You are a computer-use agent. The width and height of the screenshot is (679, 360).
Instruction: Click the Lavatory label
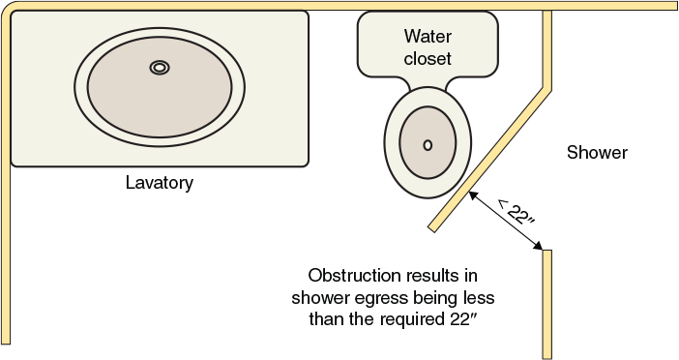pos(160,182)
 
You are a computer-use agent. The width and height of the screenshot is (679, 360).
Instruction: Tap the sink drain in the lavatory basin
pos(160,67)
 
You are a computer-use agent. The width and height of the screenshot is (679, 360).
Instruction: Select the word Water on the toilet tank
pos(428,37)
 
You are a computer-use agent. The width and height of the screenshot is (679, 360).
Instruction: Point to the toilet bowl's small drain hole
pos(428,144)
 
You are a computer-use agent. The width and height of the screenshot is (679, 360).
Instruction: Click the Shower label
pos(597,153)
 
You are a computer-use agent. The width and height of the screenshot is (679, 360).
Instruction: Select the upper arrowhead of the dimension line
pos(473,195)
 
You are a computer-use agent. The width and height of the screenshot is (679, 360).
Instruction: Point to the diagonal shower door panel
pos(493,160)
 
